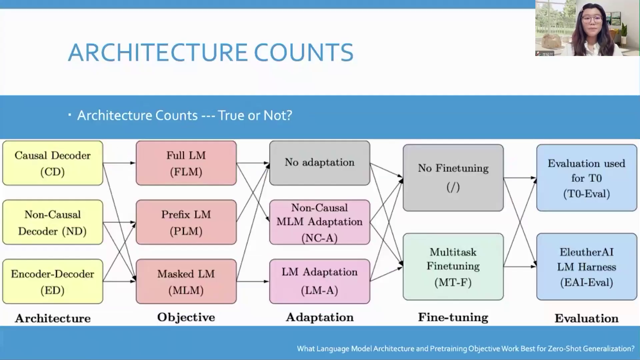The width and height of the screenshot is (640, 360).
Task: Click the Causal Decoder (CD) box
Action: click(x=53, y=163)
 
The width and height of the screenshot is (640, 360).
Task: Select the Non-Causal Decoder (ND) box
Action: click(x=53, y=222)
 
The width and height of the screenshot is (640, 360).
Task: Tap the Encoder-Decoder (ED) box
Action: click(x=53, y=282)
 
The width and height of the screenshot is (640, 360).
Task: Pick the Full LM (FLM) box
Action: click(x=186, y=163)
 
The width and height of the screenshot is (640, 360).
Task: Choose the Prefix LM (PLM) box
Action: click(x=186, y=222)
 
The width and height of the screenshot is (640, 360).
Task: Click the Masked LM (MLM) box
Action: click(x=186, y=282)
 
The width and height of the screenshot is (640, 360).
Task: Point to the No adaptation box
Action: click(x=320, y=163)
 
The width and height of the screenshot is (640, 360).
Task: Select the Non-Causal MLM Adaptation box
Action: click(x=320, y=222)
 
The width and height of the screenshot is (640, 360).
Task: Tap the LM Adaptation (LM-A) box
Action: click(x=320, y=282)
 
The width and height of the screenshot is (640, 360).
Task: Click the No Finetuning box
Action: click(x=453, y=178)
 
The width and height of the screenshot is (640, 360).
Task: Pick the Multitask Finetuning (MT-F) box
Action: click(x=453, y=267)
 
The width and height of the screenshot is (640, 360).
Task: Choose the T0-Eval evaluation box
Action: click(x=586, y=178)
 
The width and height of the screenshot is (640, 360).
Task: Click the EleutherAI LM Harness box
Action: click(x=586, y=267)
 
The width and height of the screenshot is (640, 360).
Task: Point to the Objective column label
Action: click(x=186, y=317)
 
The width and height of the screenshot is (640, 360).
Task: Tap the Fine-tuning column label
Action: click(x=453, y=317)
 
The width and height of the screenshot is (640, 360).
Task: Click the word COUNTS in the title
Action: click(x=303, y=53)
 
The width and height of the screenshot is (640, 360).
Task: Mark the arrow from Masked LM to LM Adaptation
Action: click(x=253, y=282)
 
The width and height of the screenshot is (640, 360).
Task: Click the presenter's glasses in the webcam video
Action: click(x=592, y=19)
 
